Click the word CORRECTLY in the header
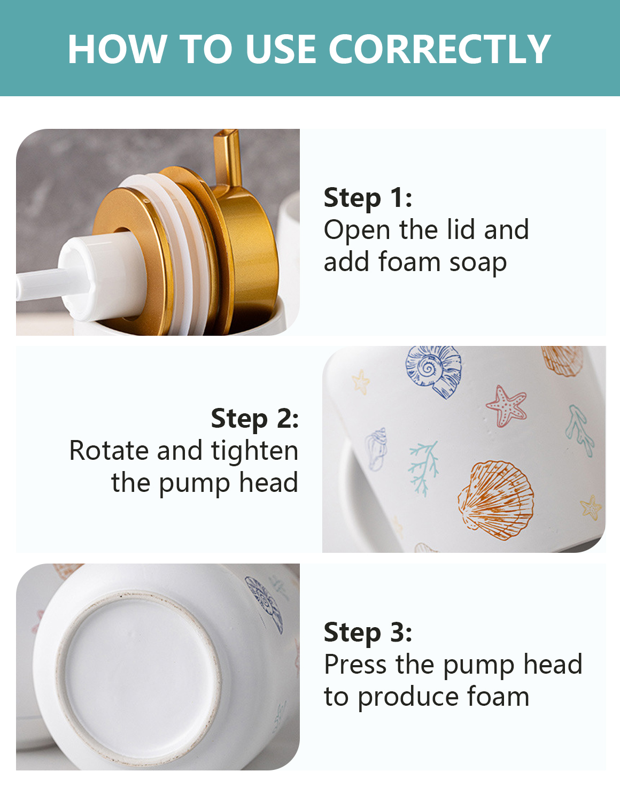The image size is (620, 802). pyautogui.click(x=440, y=49)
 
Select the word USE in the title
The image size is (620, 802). pyautogui.click(x=281, y=49)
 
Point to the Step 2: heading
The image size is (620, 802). pyautogui.click(x=254, y=419)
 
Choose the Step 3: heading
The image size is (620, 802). pyautogui.click(x=368, y=632)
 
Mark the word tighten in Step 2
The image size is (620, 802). pyautogui.click(x=254, y=452)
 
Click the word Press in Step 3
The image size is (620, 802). pyautogui.click(x=355, y=664)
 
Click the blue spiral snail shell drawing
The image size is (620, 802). pyautogui.click(x=433, y=371)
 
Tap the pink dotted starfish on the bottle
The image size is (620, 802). pyautogui.click(x=506, y=405)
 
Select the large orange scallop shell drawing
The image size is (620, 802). pyautogui.click(x=495, y=500)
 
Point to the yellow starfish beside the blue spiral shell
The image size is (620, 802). pyautogui.click(x=361, y=382)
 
